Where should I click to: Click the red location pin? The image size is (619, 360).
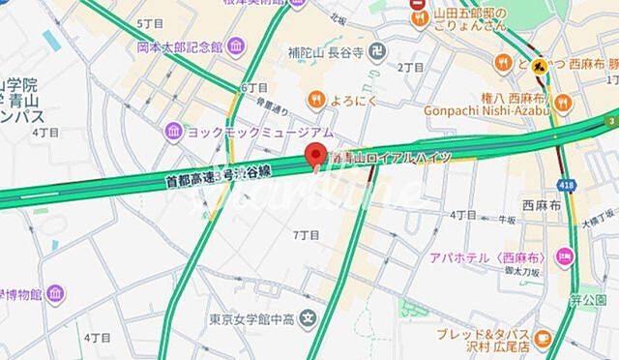tap(312, 155)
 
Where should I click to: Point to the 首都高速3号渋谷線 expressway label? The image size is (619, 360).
tap(221, 174)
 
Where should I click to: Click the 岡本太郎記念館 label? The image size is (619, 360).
tap(179, 45)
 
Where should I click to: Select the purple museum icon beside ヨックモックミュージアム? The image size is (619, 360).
tap(172, 130)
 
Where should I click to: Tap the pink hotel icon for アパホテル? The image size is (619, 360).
tap(565, 255)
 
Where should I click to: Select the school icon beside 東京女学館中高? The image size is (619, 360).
tap(308, 316)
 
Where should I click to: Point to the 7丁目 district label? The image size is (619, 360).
tap(305, 235)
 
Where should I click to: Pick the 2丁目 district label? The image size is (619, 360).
tap(410, 68)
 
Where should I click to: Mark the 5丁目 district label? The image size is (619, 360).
tap(151, 22)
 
